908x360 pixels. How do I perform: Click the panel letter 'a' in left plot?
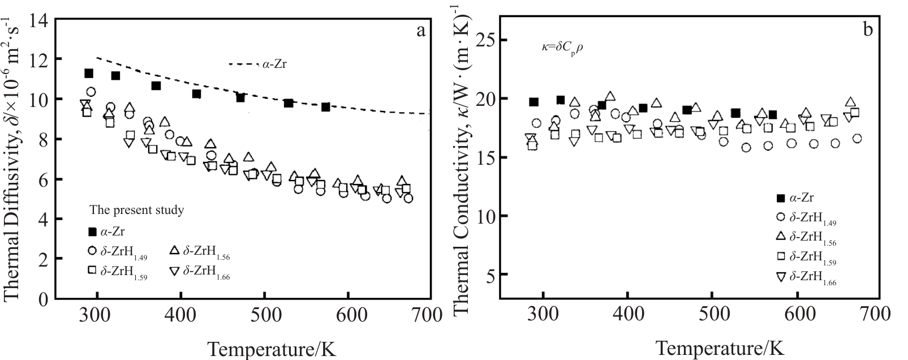(420, 31)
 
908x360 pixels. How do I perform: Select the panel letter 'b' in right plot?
(868, 31)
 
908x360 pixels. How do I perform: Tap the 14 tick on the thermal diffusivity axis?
(40, 20)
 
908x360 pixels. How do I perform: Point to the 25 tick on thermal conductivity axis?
(492, 40)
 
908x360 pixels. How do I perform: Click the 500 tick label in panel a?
(263, 312)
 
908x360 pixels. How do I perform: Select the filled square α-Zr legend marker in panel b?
(781, 198)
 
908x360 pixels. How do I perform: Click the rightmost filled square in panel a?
(325, 107)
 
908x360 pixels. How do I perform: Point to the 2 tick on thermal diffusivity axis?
(44, 259)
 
